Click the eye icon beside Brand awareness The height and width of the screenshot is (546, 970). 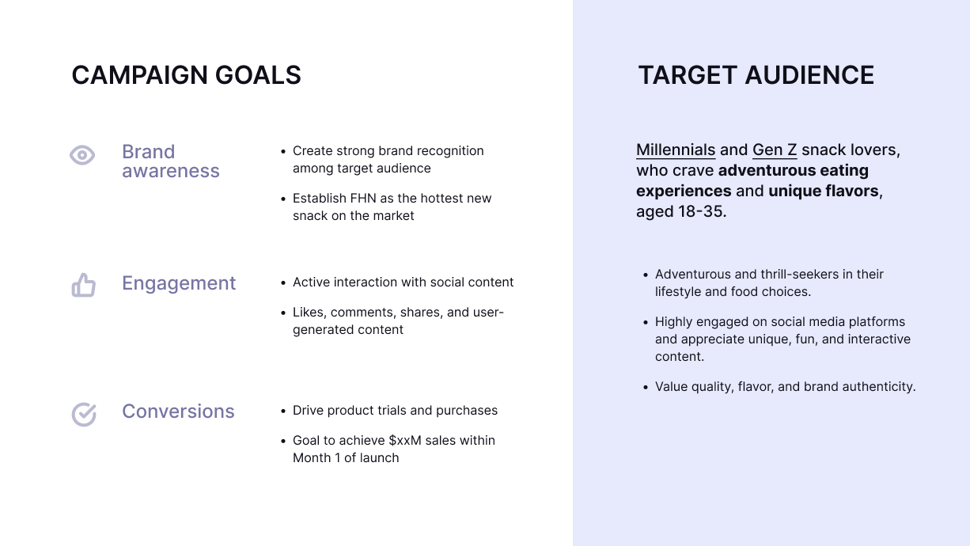click(82, 155)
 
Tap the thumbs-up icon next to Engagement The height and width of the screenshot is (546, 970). click(84, 285)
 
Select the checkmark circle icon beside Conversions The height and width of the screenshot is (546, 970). click(84, 415)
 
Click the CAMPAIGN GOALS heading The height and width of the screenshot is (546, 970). click(186, 75)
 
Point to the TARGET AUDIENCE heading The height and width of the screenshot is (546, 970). click(756, 75)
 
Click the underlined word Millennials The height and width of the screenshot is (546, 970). click(676, 150)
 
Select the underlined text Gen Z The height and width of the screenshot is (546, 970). click(775, 150)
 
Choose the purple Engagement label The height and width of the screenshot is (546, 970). click(179, 283)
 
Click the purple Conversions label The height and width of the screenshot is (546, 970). click(178, 411)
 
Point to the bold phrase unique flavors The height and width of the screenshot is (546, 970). click(823, 191)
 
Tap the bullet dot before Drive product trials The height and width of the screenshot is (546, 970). click(283, 411)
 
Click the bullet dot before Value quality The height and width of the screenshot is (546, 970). click(646, 387)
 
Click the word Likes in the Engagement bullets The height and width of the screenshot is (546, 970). click(309, 313)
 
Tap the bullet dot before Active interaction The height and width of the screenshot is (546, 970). click(283, 282)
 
